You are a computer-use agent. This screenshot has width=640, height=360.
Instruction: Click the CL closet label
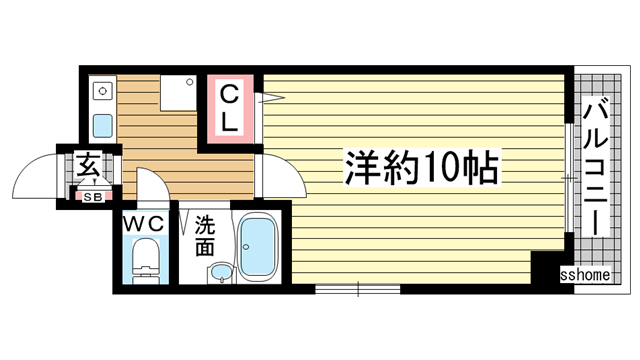point(229,109)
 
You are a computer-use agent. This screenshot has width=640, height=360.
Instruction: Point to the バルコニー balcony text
point(597,166)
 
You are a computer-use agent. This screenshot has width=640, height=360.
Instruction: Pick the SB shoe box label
point(92,197)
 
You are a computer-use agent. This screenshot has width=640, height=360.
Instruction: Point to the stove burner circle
point(100,90)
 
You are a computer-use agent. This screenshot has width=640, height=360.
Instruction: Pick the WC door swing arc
point(151,186)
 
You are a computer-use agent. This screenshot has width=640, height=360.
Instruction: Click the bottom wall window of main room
point(357,289)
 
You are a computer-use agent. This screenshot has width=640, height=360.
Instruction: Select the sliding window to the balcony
point(568,177)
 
